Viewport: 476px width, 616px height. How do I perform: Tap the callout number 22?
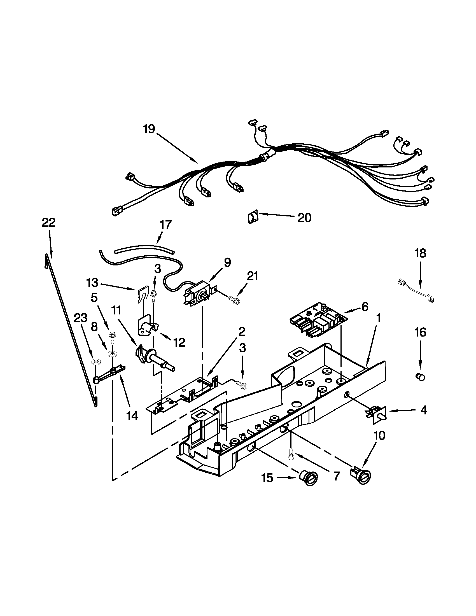[x=48, y=223]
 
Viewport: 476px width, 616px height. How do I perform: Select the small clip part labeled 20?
[x=253, y=218]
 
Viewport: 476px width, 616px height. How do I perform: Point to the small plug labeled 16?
[x=420, y=377]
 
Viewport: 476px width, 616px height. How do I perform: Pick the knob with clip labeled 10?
[x=361, y=476]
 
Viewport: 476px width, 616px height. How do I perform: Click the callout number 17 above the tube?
[x=165, y=225]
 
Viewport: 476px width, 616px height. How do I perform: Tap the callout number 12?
[x=179, y=342]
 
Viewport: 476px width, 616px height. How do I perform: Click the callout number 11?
[x=116, y=310]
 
